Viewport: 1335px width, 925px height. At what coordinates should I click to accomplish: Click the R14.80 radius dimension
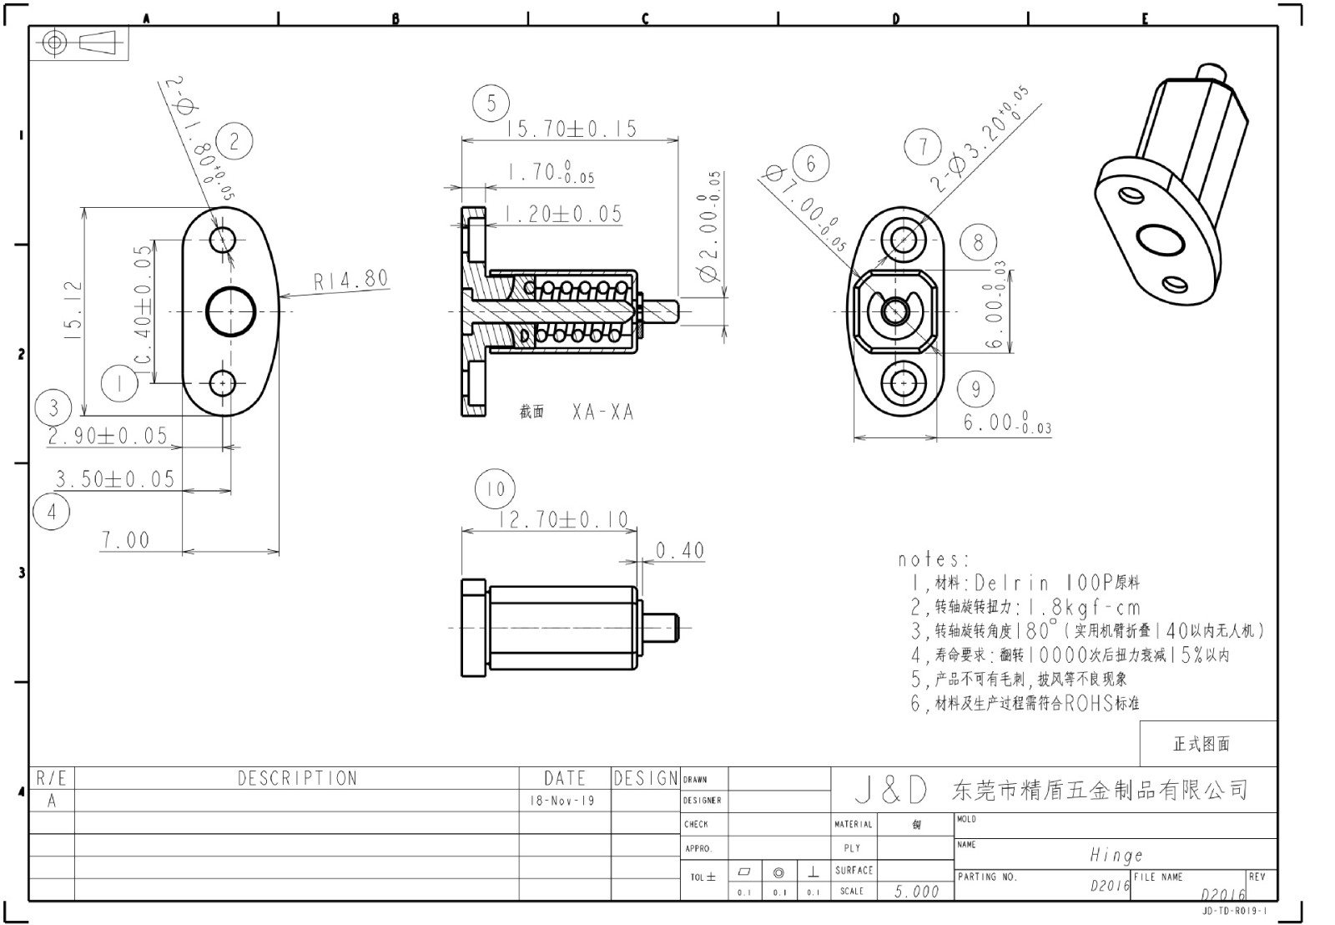pyautogui.click(x=351, y=280)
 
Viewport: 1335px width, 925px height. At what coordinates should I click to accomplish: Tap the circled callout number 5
pyautogui.click(x=491, y=104)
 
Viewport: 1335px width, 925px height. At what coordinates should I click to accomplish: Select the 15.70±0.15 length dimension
pyautogui.click(x=572, y=129)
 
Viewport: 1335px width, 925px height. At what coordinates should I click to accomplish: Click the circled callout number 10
pyautogui.click(x=495, y=489)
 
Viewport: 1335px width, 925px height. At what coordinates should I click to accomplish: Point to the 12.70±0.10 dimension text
pyautogui.click(x=563, y=519)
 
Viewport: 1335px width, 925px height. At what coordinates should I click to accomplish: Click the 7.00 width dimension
pyautogui.click(x=126, y=540)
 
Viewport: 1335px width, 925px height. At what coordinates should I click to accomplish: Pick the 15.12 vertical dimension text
pyautogui.click(x=73, y=309)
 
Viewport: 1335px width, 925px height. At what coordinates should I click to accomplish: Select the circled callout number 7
pyautogui.click(x=923, y=148)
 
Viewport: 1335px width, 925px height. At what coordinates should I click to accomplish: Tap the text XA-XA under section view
pyautogui.click(x=602, y=412)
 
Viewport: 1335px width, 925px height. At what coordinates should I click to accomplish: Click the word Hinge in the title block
pyautogui.click(x=1116, y=855)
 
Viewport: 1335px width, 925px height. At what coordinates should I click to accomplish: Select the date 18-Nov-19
pyautogui.click(x=563, y=801)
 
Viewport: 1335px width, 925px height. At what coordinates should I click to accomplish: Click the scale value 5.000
pyautogui.click(x=916, y=892)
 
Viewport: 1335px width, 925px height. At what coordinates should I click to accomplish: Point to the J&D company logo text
pyautogui.click(x=891, y=790)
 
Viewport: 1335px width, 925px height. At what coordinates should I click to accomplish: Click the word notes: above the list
pyautogui.click(x=934, y=559)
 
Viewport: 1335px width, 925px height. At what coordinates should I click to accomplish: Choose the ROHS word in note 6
pyautogui.click(x=1089, y=703)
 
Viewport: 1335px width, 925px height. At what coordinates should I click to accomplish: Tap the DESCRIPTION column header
pyautogui.click(x=297, y=778)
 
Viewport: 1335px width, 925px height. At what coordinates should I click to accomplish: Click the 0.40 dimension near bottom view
pyautogui.click(x=680, y=551)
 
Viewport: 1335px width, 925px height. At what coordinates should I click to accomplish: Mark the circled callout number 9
pyautogui.click(x=975, y=388)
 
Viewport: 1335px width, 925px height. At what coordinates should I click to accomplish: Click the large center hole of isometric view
pyautogui.click(x=1159, y=240)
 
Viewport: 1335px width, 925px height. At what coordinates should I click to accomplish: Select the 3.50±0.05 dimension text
pyautogui.click(x=115, y=479)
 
